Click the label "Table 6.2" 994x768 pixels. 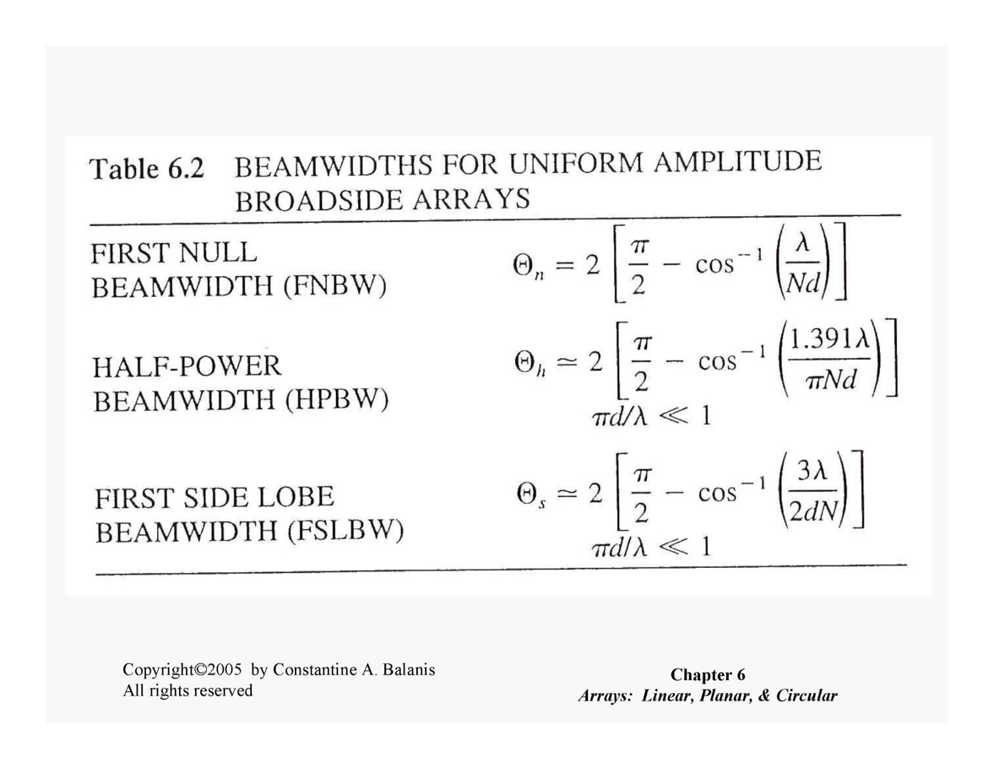(147, 169)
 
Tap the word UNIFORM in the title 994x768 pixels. (576, 164)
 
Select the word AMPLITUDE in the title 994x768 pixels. (737, 161)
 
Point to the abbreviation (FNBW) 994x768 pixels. (335, 287)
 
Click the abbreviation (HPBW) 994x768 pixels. (337, 400)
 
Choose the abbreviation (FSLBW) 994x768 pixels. (345, 531)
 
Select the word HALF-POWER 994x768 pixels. (187, 367)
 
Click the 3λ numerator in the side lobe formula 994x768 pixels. (812, 471)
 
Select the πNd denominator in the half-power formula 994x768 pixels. (831, 380)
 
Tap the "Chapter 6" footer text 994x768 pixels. (708, 675)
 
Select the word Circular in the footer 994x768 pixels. (807, 695)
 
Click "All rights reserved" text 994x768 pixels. (187, 690)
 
